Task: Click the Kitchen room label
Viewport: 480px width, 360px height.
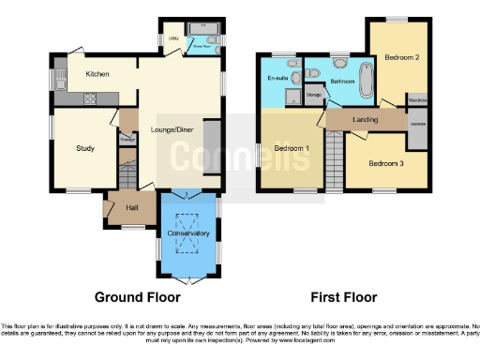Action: coord(98,74)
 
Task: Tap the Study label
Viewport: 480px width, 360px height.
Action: coord(85,147)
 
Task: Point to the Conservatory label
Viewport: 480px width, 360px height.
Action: coord(188,232)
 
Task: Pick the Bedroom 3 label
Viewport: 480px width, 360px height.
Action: coord(385,163)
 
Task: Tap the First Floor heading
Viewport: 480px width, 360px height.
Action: coord(341,297)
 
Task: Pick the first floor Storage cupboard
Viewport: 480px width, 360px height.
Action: coord(313,95)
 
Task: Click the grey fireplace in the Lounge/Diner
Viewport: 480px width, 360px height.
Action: coord(212,144)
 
